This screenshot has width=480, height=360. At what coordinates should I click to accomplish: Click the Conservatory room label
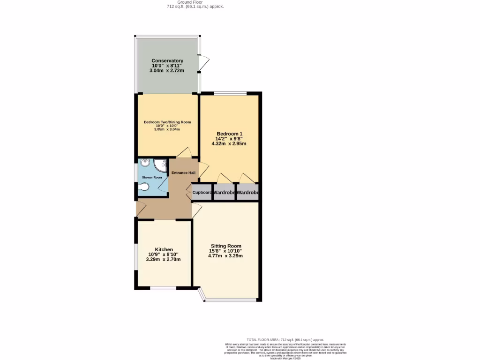(x=167, y=61)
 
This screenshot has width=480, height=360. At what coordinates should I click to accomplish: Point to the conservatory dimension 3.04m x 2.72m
(x=167, y=71)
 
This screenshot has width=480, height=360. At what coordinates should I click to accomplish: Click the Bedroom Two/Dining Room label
(x=167, y=122)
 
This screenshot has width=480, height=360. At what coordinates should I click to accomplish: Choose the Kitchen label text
(x=164, y=249)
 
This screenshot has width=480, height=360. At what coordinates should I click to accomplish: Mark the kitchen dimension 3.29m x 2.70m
(x=164, y=259)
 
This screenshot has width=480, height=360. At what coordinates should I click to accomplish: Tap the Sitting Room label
(x=226, y=246)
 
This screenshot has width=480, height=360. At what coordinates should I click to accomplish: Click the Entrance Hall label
(x=183, y=172)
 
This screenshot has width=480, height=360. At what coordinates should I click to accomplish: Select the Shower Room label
(x=152, y=177)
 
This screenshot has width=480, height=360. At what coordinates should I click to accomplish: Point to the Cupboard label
(x=202, y=192)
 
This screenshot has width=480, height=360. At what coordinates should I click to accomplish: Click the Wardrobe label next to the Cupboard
(x=224, y=192)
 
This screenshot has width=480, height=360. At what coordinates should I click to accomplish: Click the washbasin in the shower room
(x=144, y=163)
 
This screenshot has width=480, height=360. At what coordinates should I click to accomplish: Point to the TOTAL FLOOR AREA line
(x=285, y=339)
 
